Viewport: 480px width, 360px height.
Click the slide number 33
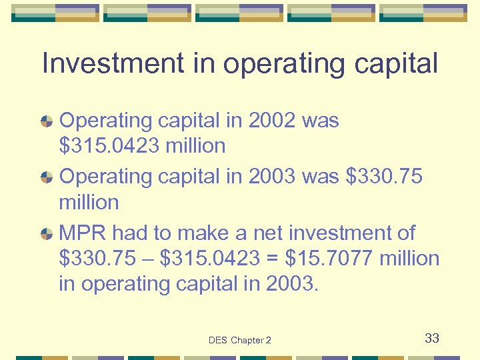pos(432,339)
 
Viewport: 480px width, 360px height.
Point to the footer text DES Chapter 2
pos(240,340)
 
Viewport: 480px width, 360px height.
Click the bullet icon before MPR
pos(47,234)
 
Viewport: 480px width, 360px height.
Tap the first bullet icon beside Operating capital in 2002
pos(47,121)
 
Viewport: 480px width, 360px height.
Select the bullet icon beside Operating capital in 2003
pos(47,177)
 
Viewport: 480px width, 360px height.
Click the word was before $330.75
pos(321,177)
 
